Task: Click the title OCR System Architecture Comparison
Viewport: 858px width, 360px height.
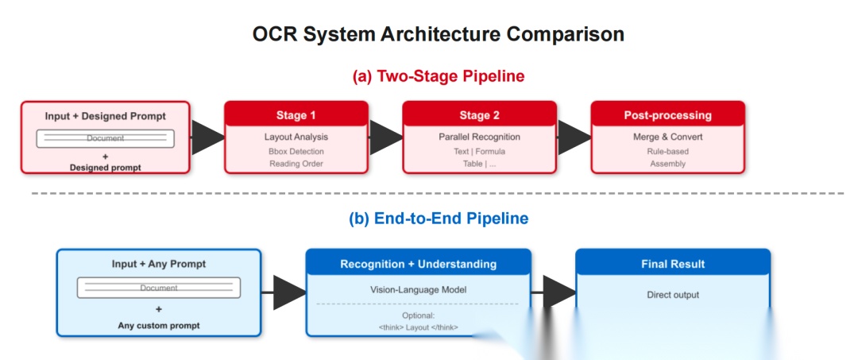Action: coord(438,34)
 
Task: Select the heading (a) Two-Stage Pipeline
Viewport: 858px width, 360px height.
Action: coord(439,76)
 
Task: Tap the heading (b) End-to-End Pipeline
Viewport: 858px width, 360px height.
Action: coord(439,218)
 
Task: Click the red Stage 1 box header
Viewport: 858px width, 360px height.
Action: coord(296,115)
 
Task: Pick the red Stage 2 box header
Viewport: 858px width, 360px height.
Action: coord(479,115)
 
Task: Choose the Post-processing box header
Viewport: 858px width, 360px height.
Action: coord(667,115)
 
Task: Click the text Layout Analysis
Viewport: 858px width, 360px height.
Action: coord(296,137)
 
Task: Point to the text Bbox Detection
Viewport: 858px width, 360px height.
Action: coord(296,151)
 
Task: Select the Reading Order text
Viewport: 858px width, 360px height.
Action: coord(296,164)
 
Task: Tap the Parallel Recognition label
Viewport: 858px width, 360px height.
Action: coord(479,137)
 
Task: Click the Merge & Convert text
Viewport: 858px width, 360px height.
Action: coord(667,137)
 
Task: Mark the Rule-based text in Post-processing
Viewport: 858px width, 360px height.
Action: coord(667,151)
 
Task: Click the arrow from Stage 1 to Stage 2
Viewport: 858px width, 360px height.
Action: coord(386,137)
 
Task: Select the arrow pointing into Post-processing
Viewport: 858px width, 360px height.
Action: coord(574,137)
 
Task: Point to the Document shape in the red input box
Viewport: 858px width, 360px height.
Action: coord(105,138)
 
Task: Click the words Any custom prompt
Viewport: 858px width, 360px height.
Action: coord(158,325)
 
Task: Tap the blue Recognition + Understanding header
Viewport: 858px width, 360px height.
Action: coord(418,264)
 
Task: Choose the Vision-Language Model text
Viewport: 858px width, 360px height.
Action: coord(418,289)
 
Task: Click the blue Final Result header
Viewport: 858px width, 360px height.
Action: coord(672,264)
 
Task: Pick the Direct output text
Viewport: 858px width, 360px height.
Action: coord(672,295)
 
